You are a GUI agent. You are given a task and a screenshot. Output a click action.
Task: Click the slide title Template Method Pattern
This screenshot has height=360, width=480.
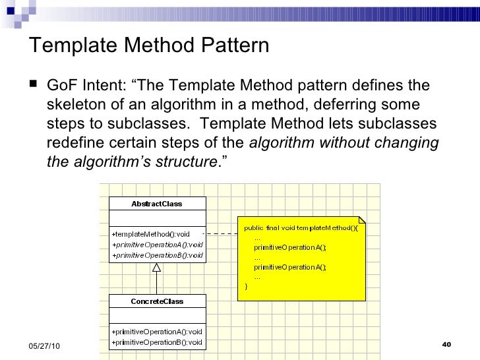click(150, 45)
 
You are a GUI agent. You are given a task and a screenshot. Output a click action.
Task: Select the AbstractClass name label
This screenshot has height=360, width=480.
click(156, 204)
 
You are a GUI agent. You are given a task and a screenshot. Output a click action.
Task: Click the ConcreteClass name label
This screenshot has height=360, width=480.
click(156, 301)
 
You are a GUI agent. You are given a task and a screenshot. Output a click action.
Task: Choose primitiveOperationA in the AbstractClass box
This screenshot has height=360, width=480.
click(157, 244)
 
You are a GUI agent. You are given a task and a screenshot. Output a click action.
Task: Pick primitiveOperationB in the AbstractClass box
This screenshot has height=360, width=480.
click(157, 255)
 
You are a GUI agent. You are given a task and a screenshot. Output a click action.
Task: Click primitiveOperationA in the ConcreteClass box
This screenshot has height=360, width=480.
click(157, 331)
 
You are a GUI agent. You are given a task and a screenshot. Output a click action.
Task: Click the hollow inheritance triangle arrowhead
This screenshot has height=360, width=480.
click(156, 268)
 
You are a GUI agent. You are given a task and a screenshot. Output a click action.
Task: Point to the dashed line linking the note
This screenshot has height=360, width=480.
click(220, 234)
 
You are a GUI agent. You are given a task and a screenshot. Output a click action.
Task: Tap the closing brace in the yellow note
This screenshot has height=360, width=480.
click(247, 287)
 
